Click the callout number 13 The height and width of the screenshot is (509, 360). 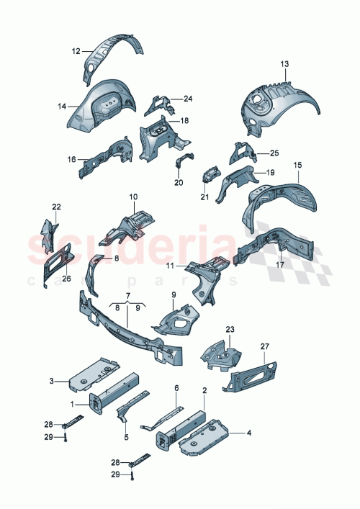(x=284, y=64)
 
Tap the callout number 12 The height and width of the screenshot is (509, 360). (x=76, y=51)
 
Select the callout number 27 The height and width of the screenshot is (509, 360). (x=264, y=347)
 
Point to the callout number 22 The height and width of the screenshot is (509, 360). (x=57, y=207)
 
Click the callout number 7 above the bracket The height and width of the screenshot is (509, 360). (x=127, y=296)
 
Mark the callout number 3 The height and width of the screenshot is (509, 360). (x=51, y=380)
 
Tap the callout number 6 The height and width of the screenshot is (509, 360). (x=176, y=388)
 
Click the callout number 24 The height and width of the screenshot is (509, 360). (x=188, y=99)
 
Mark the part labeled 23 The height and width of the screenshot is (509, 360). (x=222, y=353)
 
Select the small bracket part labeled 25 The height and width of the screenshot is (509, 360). (x=240, y=153)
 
